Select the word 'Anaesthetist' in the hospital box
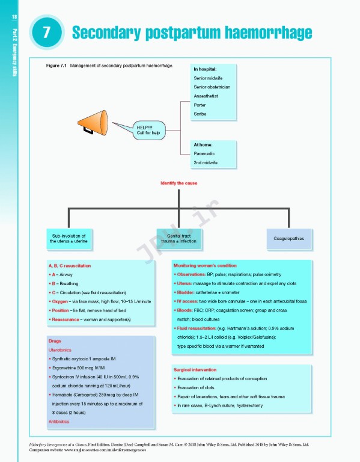point(206,96)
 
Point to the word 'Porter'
point(200,105)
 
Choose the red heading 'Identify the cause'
point(178,183)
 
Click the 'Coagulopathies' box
point(288,238)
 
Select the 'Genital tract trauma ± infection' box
point(178,238)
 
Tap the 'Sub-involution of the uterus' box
point(69,238)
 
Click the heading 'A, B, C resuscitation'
point(70,265)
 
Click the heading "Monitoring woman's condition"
point(205,265)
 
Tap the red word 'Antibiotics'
point(60,422)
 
